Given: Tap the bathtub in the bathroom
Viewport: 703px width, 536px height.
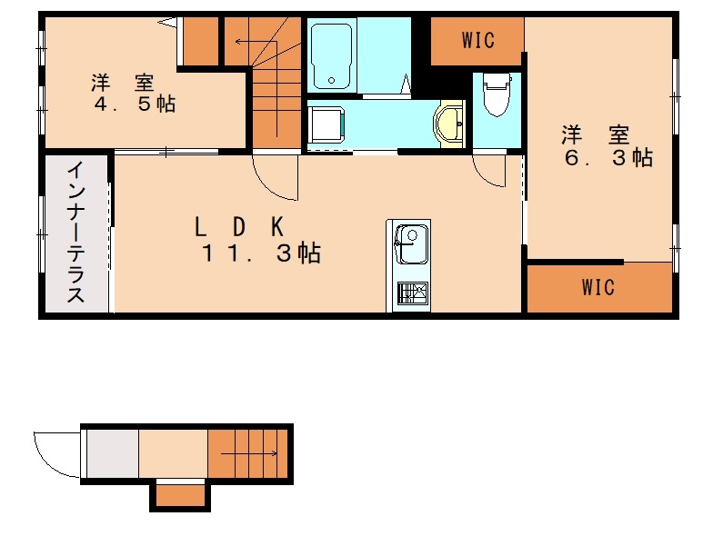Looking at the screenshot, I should point(331,56).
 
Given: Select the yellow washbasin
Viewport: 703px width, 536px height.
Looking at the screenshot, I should point(450,124).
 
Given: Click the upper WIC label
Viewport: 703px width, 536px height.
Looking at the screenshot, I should point(477,40).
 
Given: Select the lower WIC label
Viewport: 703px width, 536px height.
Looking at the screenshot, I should point(598,288).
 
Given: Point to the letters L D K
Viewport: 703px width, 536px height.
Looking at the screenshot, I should point(242,224).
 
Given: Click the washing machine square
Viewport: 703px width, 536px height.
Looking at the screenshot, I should point(326,124).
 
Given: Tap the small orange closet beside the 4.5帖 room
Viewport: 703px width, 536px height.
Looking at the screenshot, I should point(202,40).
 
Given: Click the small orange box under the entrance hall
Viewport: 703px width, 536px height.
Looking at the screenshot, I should point(179,495).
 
